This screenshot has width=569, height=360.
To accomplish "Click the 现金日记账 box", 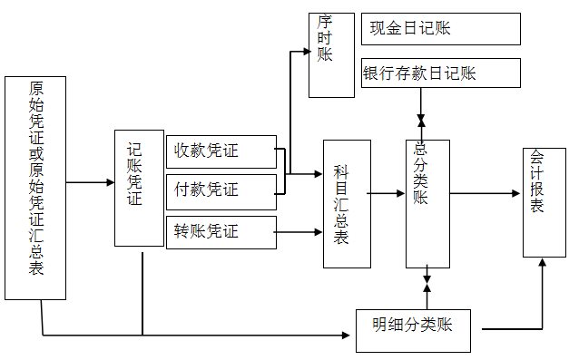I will [441, 29].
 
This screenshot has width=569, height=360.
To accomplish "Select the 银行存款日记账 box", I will [441, 73].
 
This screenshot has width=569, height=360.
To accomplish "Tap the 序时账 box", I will [331, 54].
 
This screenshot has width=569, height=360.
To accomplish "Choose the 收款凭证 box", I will [221, 151].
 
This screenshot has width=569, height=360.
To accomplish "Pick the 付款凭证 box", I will [221, 191].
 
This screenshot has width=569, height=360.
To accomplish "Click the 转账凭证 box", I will [221, 232].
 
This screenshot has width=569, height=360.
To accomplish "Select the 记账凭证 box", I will [139, 188].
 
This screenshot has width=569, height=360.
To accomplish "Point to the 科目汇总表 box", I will [347, 203].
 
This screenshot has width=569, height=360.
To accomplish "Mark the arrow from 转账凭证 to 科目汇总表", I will [299, 232].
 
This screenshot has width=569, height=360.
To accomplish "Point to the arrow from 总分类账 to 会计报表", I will [486, 192].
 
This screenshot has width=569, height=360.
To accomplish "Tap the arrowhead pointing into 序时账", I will [303, 51].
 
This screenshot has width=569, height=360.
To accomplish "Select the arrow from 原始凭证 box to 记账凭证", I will [90, 182].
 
